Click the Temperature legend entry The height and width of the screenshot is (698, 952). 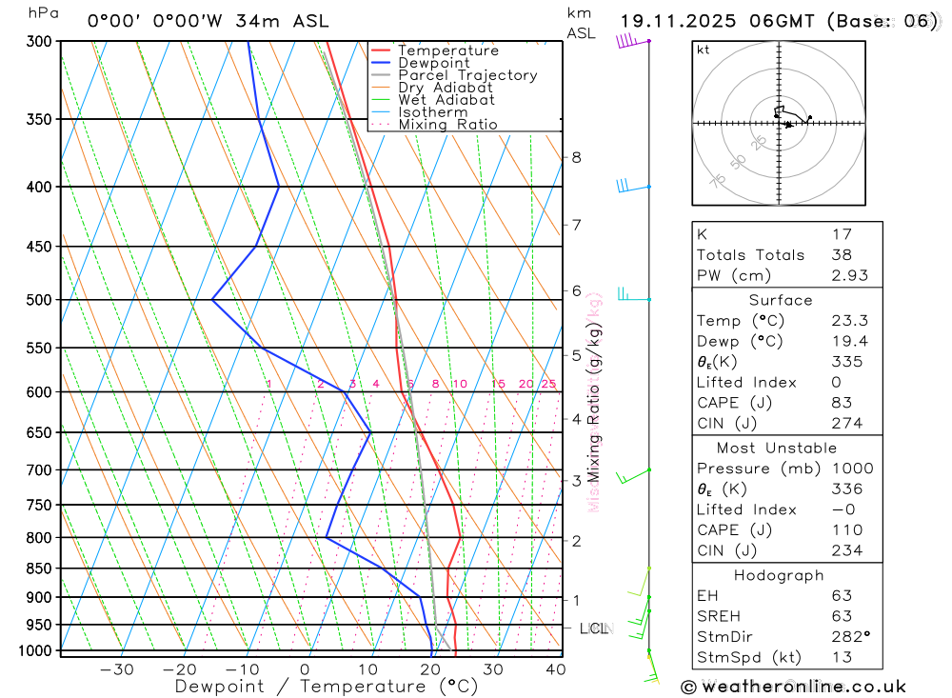tap(447, 50)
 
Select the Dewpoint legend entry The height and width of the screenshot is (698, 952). tap(434, 63)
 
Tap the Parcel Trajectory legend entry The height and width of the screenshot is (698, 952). tap(467, 75)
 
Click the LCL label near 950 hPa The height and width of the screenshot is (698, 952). tap(593, 628)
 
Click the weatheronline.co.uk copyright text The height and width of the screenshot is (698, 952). tap(793, 687)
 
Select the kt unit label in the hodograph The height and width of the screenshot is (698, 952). tap(703, 50)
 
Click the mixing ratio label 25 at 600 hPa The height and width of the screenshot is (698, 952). tap(548, 384)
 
